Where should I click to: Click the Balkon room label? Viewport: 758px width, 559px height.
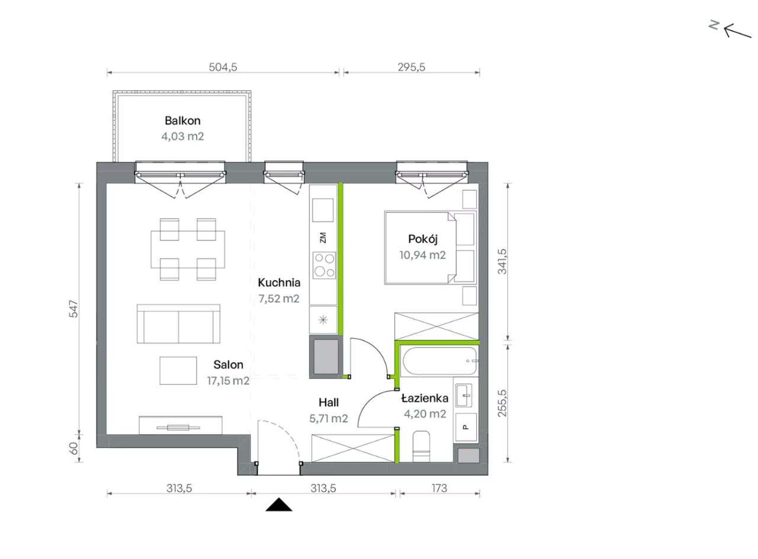[x=182, y=120]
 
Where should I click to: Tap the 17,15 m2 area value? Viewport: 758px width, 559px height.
[x=228, y=381]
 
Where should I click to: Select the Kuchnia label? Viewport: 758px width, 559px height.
[x=279, y=282]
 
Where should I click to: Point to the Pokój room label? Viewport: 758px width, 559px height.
[x=423, y=239]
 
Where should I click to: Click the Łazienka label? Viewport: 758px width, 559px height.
[x=425, y=398]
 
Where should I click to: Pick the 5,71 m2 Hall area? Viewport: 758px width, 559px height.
[x=328, y=419]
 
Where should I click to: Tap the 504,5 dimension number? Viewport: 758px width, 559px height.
[x=223, y=67]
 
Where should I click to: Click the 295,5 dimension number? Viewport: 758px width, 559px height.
[x=411, y=67]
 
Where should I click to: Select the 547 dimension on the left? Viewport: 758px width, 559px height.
[x=73, y=309]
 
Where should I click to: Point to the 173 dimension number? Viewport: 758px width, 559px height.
[x=439, y=489]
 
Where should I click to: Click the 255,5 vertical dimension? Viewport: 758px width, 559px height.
[x=502, y=403]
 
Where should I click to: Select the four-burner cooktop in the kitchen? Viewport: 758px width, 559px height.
[x=324, y=265]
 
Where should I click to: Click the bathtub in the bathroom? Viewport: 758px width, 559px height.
[x=439, y=361]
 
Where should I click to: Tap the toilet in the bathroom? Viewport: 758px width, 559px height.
[x=421, y=446]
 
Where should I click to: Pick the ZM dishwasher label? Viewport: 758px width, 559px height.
[x=323, y=237]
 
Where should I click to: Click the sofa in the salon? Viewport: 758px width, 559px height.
[x=178, y=324]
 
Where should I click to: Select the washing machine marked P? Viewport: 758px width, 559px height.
[x=466, y=428]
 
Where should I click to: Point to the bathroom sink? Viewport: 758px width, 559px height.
[x=464, y=395]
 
